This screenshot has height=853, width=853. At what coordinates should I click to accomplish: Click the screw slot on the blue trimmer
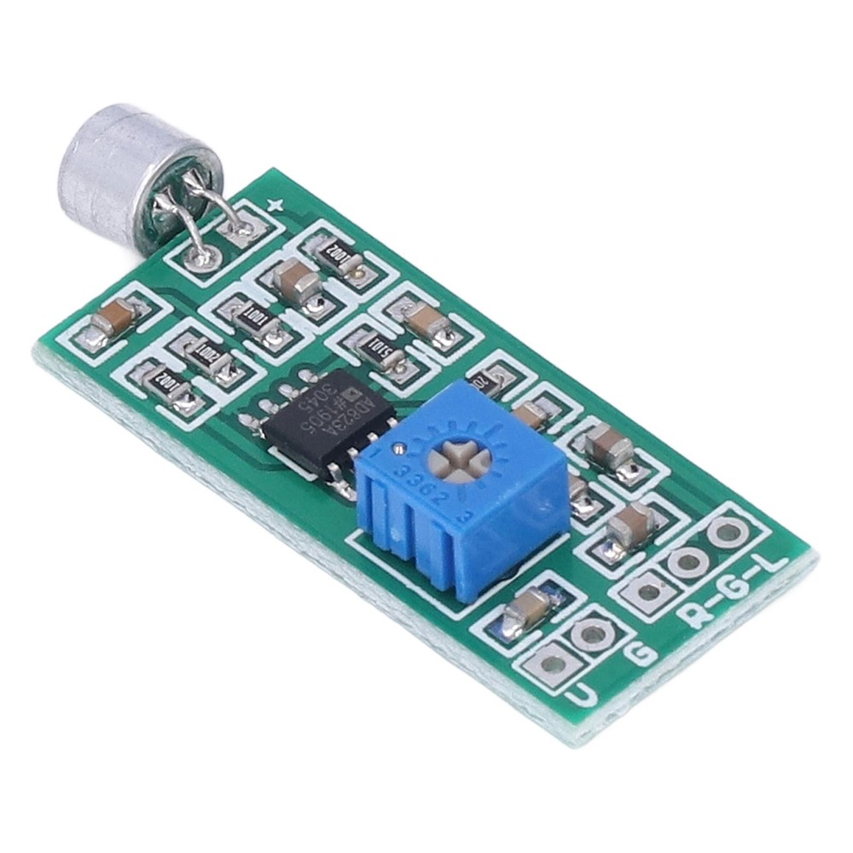pyautogui.click(x=461, y=461)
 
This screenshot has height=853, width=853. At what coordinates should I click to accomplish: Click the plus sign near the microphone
pyautogui.click(x=275, y=204)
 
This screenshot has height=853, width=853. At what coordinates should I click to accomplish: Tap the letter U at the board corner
pyautogui.click(x=581, y=695)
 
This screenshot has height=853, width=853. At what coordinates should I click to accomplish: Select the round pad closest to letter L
pyautogui.click(x=727, y=533)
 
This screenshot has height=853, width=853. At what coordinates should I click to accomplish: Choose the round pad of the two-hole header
pyautogui.click(x=589, y=633)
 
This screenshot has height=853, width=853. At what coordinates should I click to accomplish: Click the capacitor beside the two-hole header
pyautogui.click(x=527, y=608)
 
